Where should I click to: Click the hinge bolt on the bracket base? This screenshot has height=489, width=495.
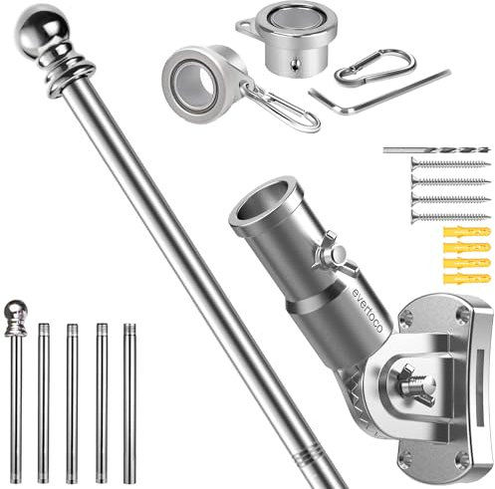coord(413,382)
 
